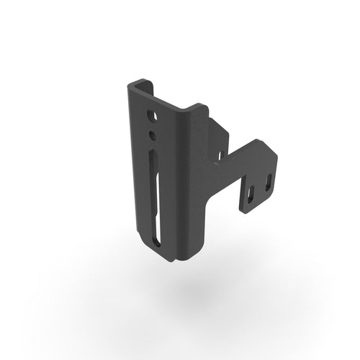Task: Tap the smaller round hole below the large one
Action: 153,135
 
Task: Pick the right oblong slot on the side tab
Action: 267,183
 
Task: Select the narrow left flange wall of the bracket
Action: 135,166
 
